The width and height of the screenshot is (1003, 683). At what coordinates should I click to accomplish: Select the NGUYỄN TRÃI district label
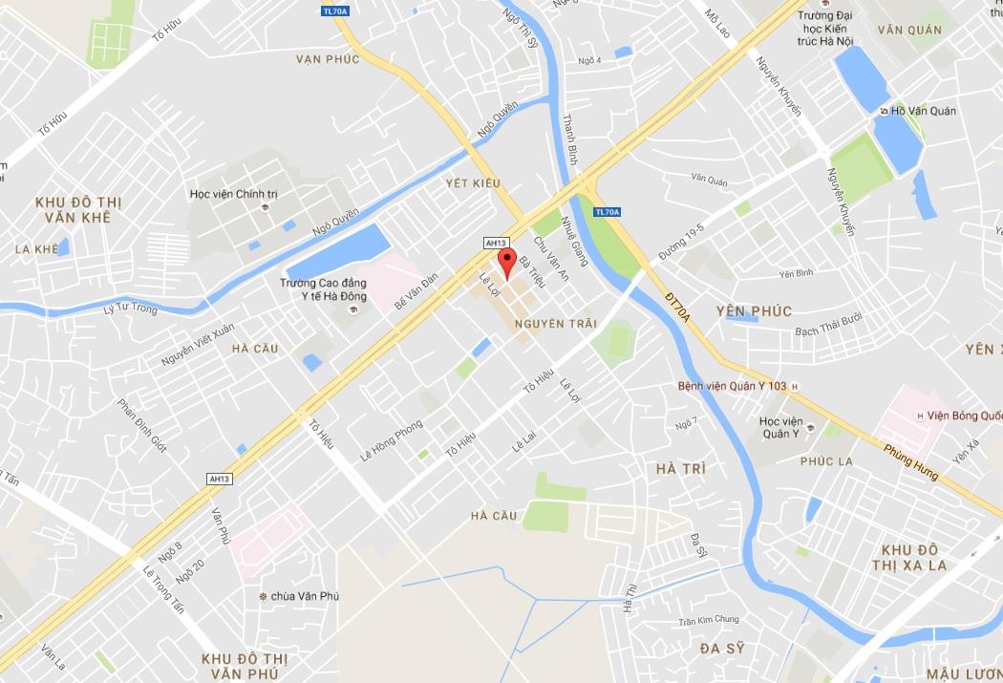click(x=555, y=324)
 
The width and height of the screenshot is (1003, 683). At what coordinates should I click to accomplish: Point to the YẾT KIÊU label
click(x=473, y=182)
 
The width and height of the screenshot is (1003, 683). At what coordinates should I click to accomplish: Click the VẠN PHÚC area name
click(x=328, y=59)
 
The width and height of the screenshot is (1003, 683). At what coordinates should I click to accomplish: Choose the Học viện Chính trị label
click(x=233, y=194)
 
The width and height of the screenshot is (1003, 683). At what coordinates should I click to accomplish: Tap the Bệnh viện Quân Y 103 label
click(x=732, y=386)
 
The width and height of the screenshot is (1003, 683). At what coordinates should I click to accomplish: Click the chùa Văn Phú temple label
click(x=305, y=596)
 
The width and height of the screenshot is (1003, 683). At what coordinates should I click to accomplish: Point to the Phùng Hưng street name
click(x=911, y=462)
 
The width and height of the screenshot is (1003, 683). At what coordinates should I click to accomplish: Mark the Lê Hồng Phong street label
click(x=391, y=442)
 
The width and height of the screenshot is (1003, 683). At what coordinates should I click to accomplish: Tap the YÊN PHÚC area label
click(x=754, y=311)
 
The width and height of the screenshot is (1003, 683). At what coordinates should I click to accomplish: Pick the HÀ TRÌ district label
click(x=681, y=468)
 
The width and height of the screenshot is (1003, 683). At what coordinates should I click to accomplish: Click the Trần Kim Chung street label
click(x=709, y=620)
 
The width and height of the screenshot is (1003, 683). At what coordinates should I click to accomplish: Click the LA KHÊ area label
click(x=36, y=249)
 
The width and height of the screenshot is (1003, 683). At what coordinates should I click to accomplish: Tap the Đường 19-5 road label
click(x=681, y=242)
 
